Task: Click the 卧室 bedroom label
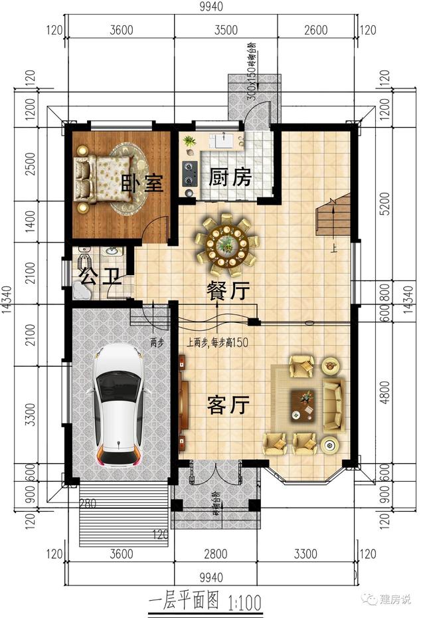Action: pos(142,183)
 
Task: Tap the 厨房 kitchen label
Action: pos(230,177)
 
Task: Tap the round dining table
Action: pos(226,244)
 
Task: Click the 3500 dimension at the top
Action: pos(226,30)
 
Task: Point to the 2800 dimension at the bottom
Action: pos(216,554)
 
